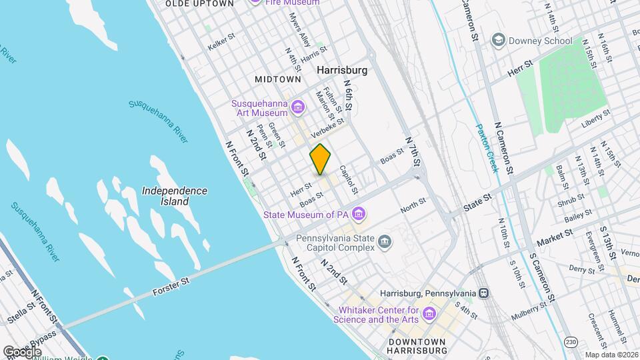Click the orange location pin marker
[x=321, y=159]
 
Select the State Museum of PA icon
[x=359, y=214]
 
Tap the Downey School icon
[x=497, y=41]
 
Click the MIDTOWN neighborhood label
[x=278, y=79]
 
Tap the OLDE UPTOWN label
[x=199, y=3]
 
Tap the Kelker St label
[x=223, y=41]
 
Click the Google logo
[x=22, y=351]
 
